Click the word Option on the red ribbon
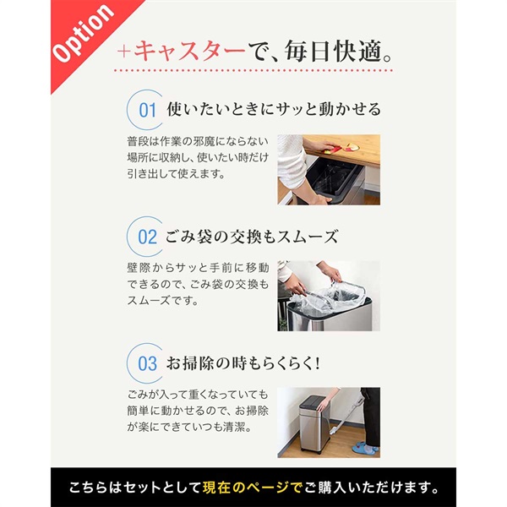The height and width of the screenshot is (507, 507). [x=83, y=35]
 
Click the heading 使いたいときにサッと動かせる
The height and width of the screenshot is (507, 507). [x=274, y=110]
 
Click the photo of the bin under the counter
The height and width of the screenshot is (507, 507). [x=329, y=169]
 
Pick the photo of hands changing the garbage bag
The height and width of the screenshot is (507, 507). [x=329, y=296]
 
